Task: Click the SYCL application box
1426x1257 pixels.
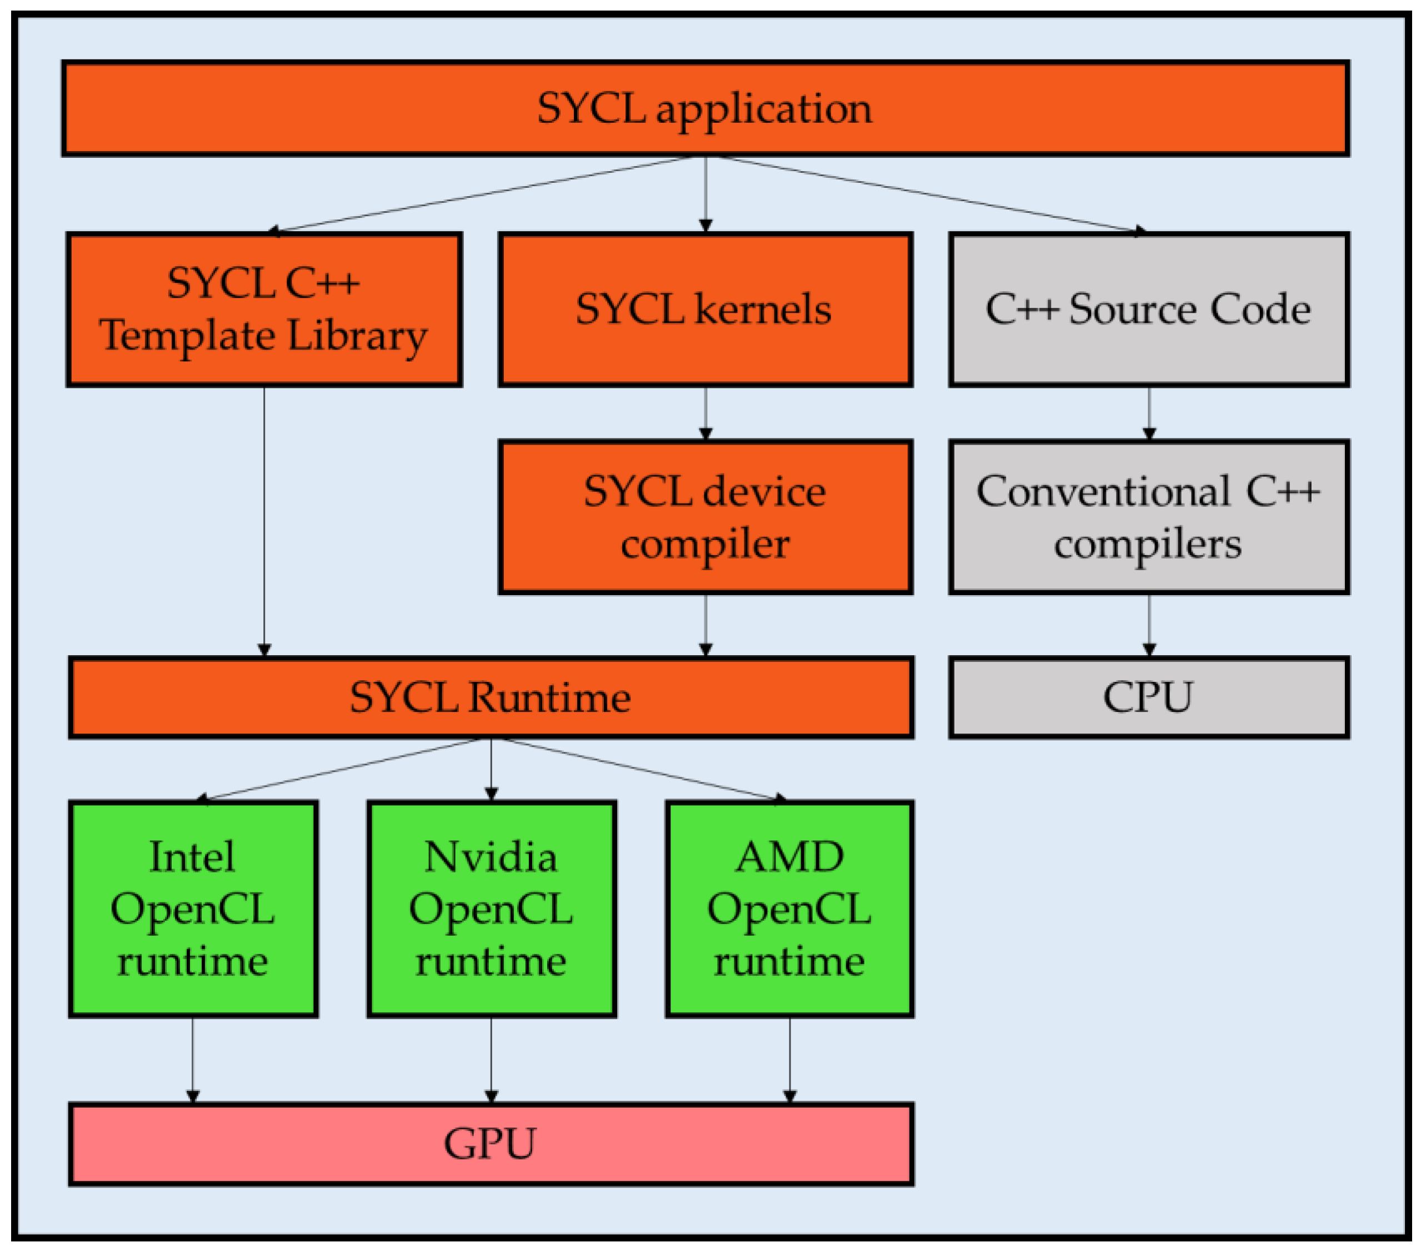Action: click(x=704, y=108)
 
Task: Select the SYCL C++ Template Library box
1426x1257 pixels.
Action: click(x=264, y=309)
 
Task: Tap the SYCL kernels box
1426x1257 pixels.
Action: click(x=704, y=309)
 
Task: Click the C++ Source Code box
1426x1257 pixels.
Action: click(x=1148, y=309)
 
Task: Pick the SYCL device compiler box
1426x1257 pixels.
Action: click(x=704, y=516)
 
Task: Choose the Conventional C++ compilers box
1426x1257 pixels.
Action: click(x=1148, y=516)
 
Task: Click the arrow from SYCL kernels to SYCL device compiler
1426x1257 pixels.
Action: click(x=706, y=412)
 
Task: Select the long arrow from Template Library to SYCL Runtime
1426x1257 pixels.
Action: click(x=264, y=520)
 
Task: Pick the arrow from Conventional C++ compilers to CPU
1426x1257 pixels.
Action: click(x=1149, y=625)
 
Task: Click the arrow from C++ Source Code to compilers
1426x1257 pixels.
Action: click(x=1149, y=412)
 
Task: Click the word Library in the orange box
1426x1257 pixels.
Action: click(x=357, y=336)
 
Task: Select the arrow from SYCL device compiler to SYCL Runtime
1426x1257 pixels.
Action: click(x=706, y=625)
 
